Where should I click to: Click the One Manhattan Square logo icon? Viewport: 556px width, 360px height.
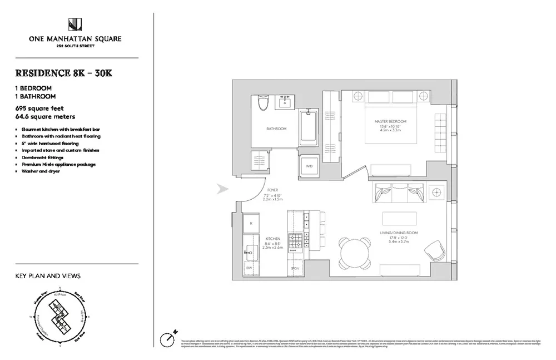pyautogui.click(x=76, y=24)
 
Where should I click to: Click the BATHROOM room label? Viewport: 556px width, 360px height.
pyautogui.click(x=276, y=129)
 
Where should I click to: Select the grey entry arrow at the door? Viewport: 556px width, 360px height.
pyautogui.click(x=222, y=189)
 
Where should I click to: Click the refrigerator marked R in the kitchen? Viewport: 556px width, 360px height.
pyautogui.click(x=251, y=223)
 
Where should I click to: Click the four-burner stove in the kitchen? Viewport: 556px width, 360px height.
pyautogui.click(x=295, y=242)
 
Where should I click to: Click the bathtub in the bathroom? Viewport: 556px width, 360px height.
pyautogui.click(x=308, y=127)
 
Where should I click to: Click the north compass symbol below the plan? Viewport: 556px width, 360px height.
pyautogui.click(x=168, y=338)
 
